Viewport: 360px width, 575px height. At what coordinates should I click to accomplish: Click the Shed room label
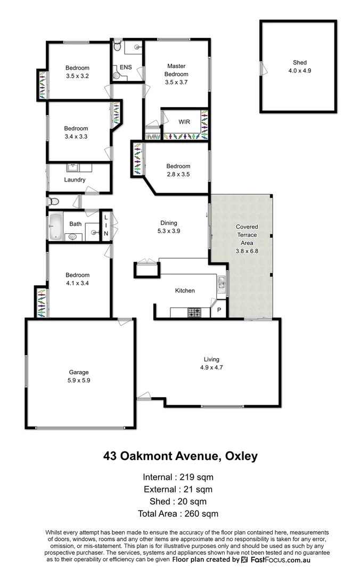(299, 66)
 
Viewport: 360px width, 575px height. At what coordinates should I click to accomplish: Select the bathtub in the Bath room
(56, 227)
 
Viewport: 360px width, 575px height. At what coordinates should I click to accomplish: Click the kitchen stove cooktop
(194, 313)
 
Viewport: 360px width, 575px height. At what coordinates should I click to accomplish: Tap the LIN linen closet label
(106, 226)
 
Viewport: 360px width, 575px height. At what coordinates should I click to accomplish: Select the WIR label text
(184, 122)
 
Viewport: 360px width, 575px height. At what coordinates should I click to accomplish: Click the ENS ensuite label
(126, 68)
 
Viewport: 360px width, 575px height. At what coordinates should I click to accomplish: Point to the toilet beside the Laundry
(53, 202)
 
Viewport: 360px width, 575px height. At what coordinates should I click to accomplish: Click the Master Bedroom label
(176, 74)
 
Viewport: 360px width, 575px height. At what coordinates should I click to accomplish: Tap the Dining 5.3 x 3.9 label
(168, 227)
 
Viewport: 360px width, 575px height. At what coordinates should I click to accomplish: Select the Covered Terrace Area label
(247, 239)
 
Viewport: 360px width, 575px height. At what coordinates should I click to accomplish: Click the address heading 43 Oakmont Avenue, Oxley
(180, 456)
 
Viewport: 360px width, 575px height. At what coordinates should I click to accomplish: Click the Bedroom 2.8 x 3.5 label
(178, 170)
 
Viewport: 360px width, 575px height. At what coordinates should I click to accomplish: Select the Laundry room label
(75, 180)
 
